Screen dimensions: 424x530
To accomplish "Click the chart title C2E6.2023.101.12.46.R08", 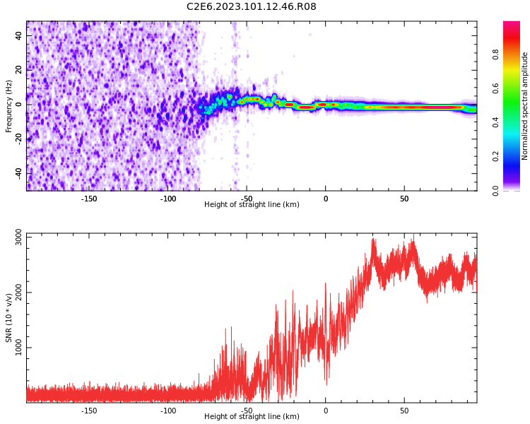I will click(x=252, y=6).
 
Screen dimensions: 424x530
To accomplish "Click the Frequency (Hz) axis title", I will click(x=9, y=106).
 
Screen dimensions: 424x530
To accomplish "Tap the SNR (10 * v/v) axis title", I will click(x=9, y=318).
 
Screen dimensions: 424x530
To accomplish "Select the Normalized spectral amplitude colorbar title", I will click(x=525, y=106).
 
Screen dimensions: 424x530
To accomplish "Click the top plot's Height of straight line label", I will click(x=252, y=205).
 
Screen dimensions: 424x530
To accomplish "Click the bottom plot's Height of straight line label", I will click(x=252, y=417).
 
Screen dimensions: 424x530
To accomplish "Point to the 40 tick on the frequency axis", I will click(x=19, y=36).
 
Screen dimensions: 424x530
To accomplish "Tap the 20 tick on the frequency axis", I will click(x=19, y=71).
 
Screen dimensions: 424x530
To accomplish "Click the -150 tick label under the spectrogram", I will click(x=89, y=199).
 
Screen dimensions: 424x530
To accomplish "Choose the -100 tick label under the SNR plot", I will click(x=168, y=411).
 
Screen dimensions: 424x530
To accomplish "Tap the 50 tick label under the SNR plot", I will click(x=404, y=411).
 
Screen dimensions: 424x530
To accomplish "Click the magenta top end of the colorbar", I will click(x=511, y=25).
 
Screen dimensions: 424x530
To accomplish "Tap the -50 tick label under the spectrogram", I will click(x=247, y=199).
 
